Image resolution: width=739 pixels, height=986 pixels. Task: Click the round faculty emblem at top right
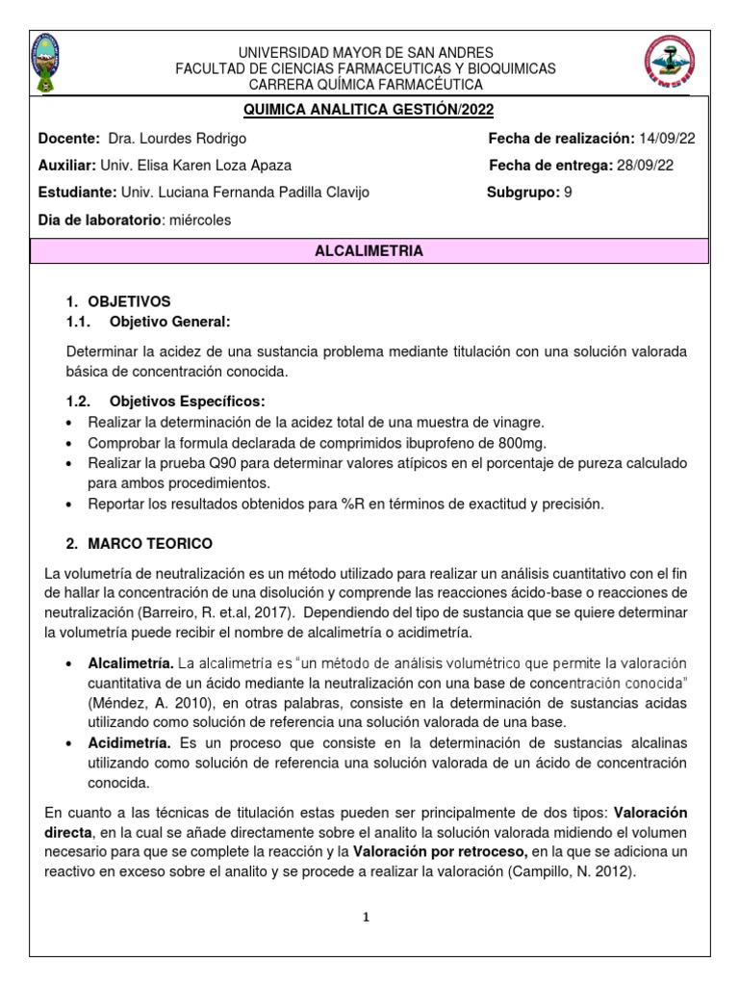pos(667,65)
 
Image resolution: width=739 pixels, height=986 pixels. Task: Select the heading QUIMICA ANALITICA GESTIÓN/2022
pos(369,111)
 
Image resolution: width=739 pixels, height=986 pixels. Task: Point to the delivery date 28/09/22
pos(646,165)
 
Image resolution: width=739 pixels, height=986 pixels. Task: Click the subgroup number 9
pos(568,193)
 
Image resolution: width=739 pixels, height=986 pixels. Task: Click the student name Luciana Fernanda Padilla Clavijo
pos(259,193)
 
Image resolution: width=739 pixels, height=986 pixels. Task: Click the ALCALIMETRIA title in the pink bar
pos(369,250)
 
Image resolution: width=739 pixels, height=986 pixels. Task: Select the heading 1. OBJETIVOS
pos(122,301)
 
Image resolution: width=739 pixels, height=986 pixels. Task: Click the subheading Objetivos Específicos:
pos(187,401)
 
